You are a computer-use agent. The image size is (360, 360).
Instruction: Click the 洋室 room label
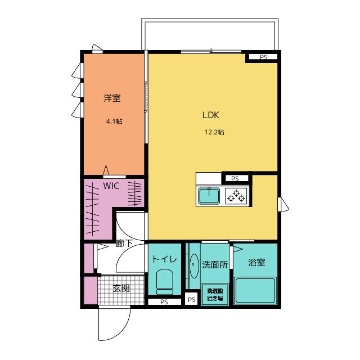[x=112, y=98]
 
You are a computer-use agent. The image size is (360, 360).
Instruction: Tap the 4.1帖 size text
[x=114, y=121]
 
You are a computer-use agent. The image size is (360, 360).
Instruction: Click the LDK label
[x=211, y=115]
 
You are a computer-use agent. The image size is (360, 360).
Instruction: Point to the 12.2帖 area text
[x=214, y=132]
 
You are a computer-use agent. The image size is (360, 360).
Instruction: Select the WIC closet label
[x=111, y=186]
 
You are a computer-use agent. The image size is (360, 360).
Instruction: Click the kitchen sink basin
[x=209, y=196]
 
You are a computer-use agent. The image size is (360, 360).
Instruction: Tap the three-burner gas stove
[x=236, y=196]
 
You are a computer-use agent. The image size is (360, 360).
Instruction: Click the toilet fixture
[x=164, y=282]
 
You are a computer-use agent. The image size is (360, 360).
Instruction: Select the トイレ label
[x=164, y=259]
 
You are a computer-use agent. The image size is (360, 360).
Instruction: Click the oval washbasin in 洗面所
[x=195, y=266]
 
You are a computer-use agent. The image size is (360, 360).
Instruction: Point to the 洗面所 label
[x=215, y=265]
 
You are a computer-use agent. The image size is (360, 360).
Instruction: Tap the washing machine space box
[x=215, y=295]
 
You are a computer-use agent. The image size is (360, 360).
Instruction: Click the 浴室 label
[x=256, y=263]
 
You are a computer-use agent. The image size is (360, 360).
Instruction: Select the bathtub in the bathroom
[x=255, y=291]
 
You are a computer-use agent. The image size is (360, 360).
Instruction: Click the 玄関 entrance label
[x=121, y=288]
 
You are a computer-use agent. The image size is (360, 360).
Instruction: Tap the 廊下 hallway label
[x=124, y=244]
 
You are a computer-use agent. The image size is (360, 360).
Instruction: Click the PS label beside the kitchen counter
[x=235, y=179]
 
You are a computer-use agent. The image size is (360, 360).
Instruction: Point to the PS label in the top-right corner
[x=264, y=57]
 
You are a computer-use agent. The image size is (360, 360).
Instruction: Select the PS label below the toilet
[x=164, y=302]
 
